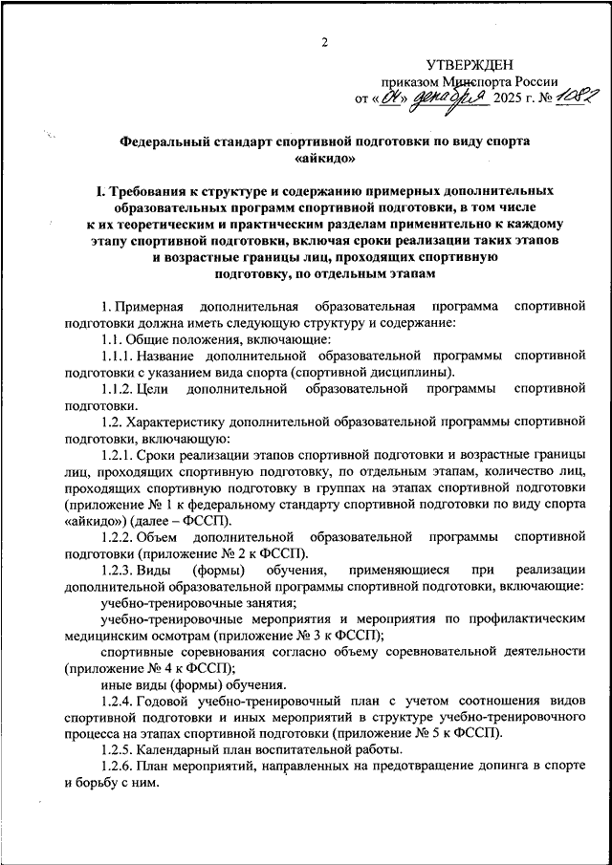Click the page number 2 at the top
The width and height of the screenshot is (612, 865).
(x=324, y=42)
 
